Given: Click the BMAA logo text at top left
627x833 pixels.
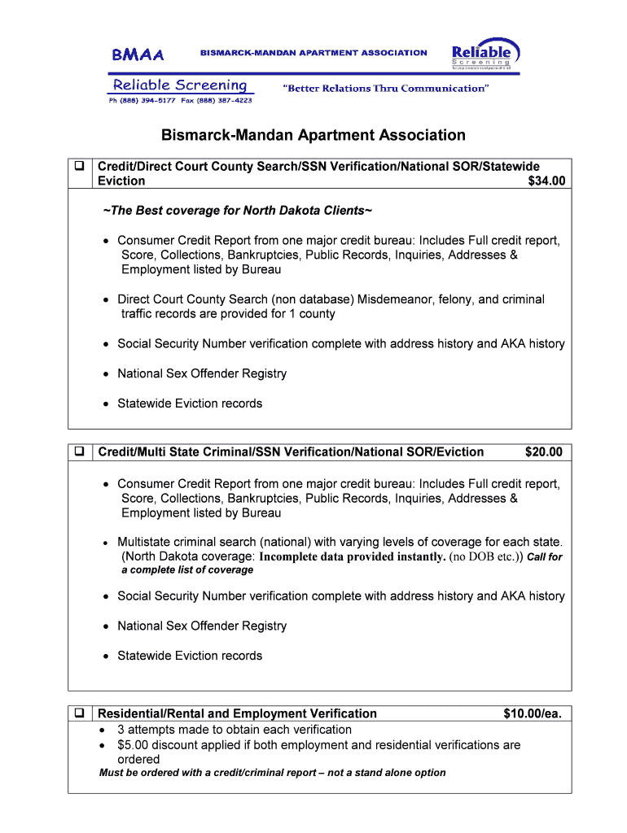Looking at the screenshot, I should click(138, 55).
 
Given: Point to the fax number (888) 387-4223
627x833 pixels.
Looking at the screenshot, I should click(224, 100).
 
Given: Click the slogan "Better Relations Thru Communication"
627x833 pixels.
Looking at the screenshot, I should click(385, 88).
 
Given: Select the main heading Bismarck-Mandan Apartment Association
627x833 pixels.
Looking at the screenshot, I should click(313, 135).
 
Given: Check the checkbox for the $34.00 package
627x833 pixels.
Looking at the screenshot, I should click(80, 167).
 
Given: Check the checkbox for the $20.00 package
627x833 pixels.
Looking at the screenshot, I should click(80, 451).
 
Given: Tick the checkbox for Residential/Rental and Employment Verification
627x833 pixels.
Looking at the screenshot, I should click(80, 713).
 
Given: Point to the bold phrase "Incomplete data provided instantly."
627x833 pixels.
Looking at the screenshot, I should click(353, 557).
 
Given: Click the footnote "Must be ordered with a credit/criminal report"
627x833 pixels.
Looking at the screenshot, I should click(210, 773).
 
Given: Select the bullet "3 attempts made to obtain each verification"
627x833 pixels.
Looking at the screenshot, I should click(235, 729).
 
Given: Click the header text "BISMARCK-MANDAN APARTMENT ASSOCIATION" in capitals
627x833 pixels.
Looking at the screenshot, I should click(313, 53).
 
